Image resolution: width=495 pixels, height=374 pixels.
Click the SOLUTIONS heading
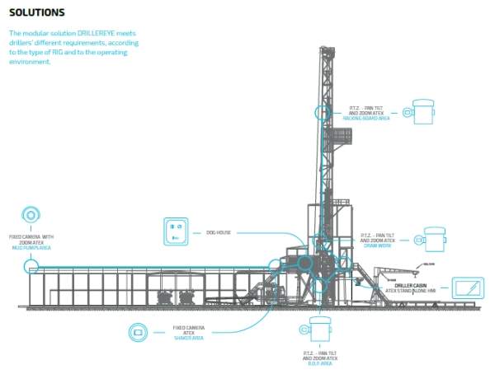tap(36, 13)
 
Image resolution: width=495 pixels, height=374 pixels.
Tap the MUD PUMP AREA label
tap(31, 247)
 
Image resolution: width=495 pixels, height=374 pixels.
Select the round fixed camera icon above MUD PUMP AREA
tap(31, 215)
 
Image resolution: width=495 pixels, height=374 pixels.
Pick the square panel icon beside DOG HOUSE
tap(175, 232)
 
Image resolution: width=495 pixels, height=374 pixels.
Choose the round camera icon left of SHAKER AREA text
tap(137, 333)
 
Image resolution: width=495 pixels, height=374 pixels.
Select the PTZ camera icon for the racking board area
tap(422, 112)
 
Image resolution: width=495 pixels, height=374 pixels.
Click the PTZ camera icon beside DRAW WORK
tap(431, 240)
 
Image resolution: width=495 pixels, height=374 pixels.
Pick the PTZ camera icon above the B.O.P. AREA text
tap(318, 330)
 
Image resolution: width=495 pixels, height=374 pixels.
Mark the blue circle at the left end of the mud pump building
tap(31, 266)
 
